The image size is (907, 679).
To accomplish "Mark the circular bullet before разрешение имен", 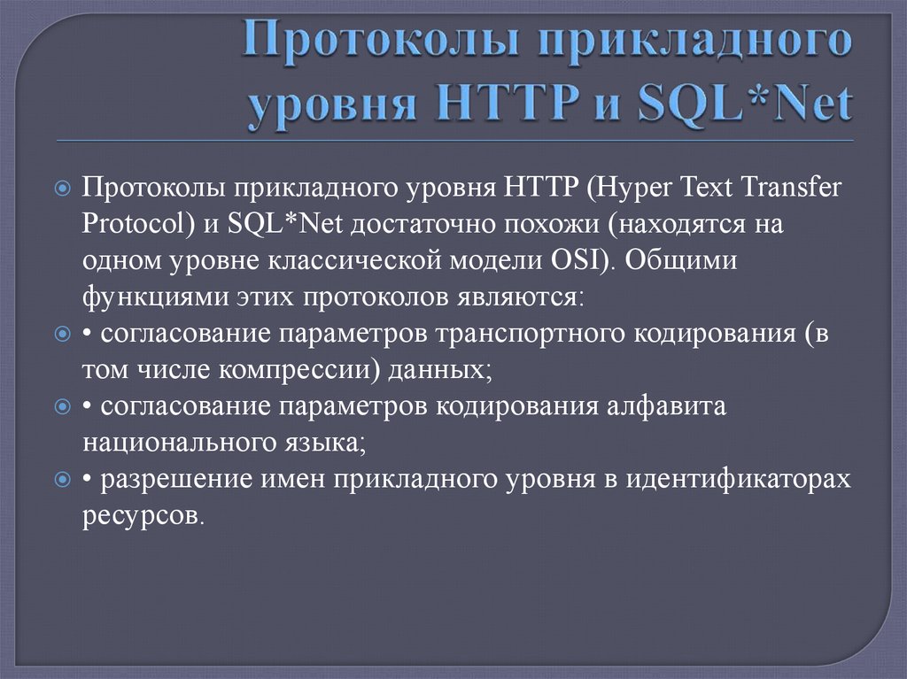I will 62,480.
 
